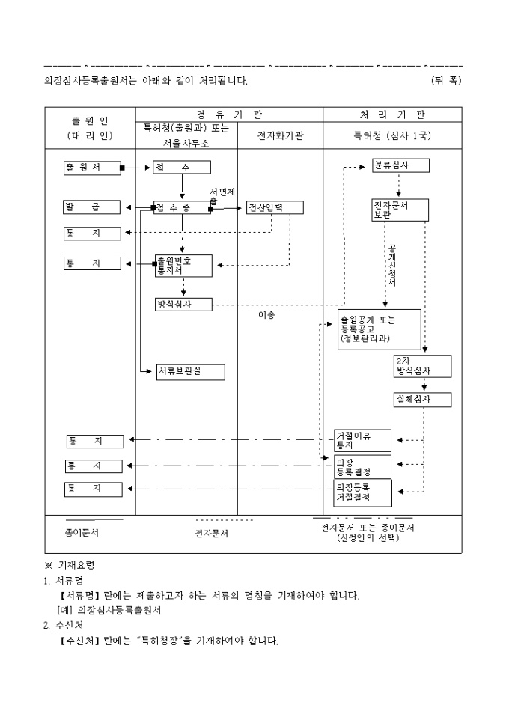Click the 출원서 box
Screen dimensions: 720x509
(x=92, y=168)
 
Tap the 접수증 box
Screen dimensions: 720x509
(x=182, y=207)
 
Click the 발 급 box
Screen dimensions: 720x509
(x=92, y=207)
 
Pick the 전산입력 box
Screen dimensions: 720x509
(x=274, y=207)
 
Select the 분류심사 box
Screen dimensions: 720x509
(x=400, y=166)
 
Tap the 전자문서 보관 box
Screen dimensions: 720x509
(x=400, y=210)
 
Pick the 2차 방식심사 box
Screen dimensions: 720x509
(x=423, y=366)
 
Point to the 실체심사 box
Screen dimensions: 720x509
(x=423, y=400)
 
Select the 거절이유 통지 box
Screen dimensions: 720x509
(x=362, y=440)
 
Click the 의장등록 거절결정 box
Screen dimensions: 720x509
(x=362, y=492)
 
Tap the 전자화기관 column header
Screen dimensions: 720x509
(x=280, y=137)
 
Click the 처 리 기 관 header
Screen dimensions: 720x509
(x=392, y=115)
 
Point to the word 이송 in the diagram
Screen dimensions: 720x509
(x=266, y=315)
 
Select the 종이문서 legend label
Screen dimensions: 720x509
(x=82, y=533)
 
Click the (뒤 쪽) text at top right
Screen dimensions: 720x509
(x=446, y=80)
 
